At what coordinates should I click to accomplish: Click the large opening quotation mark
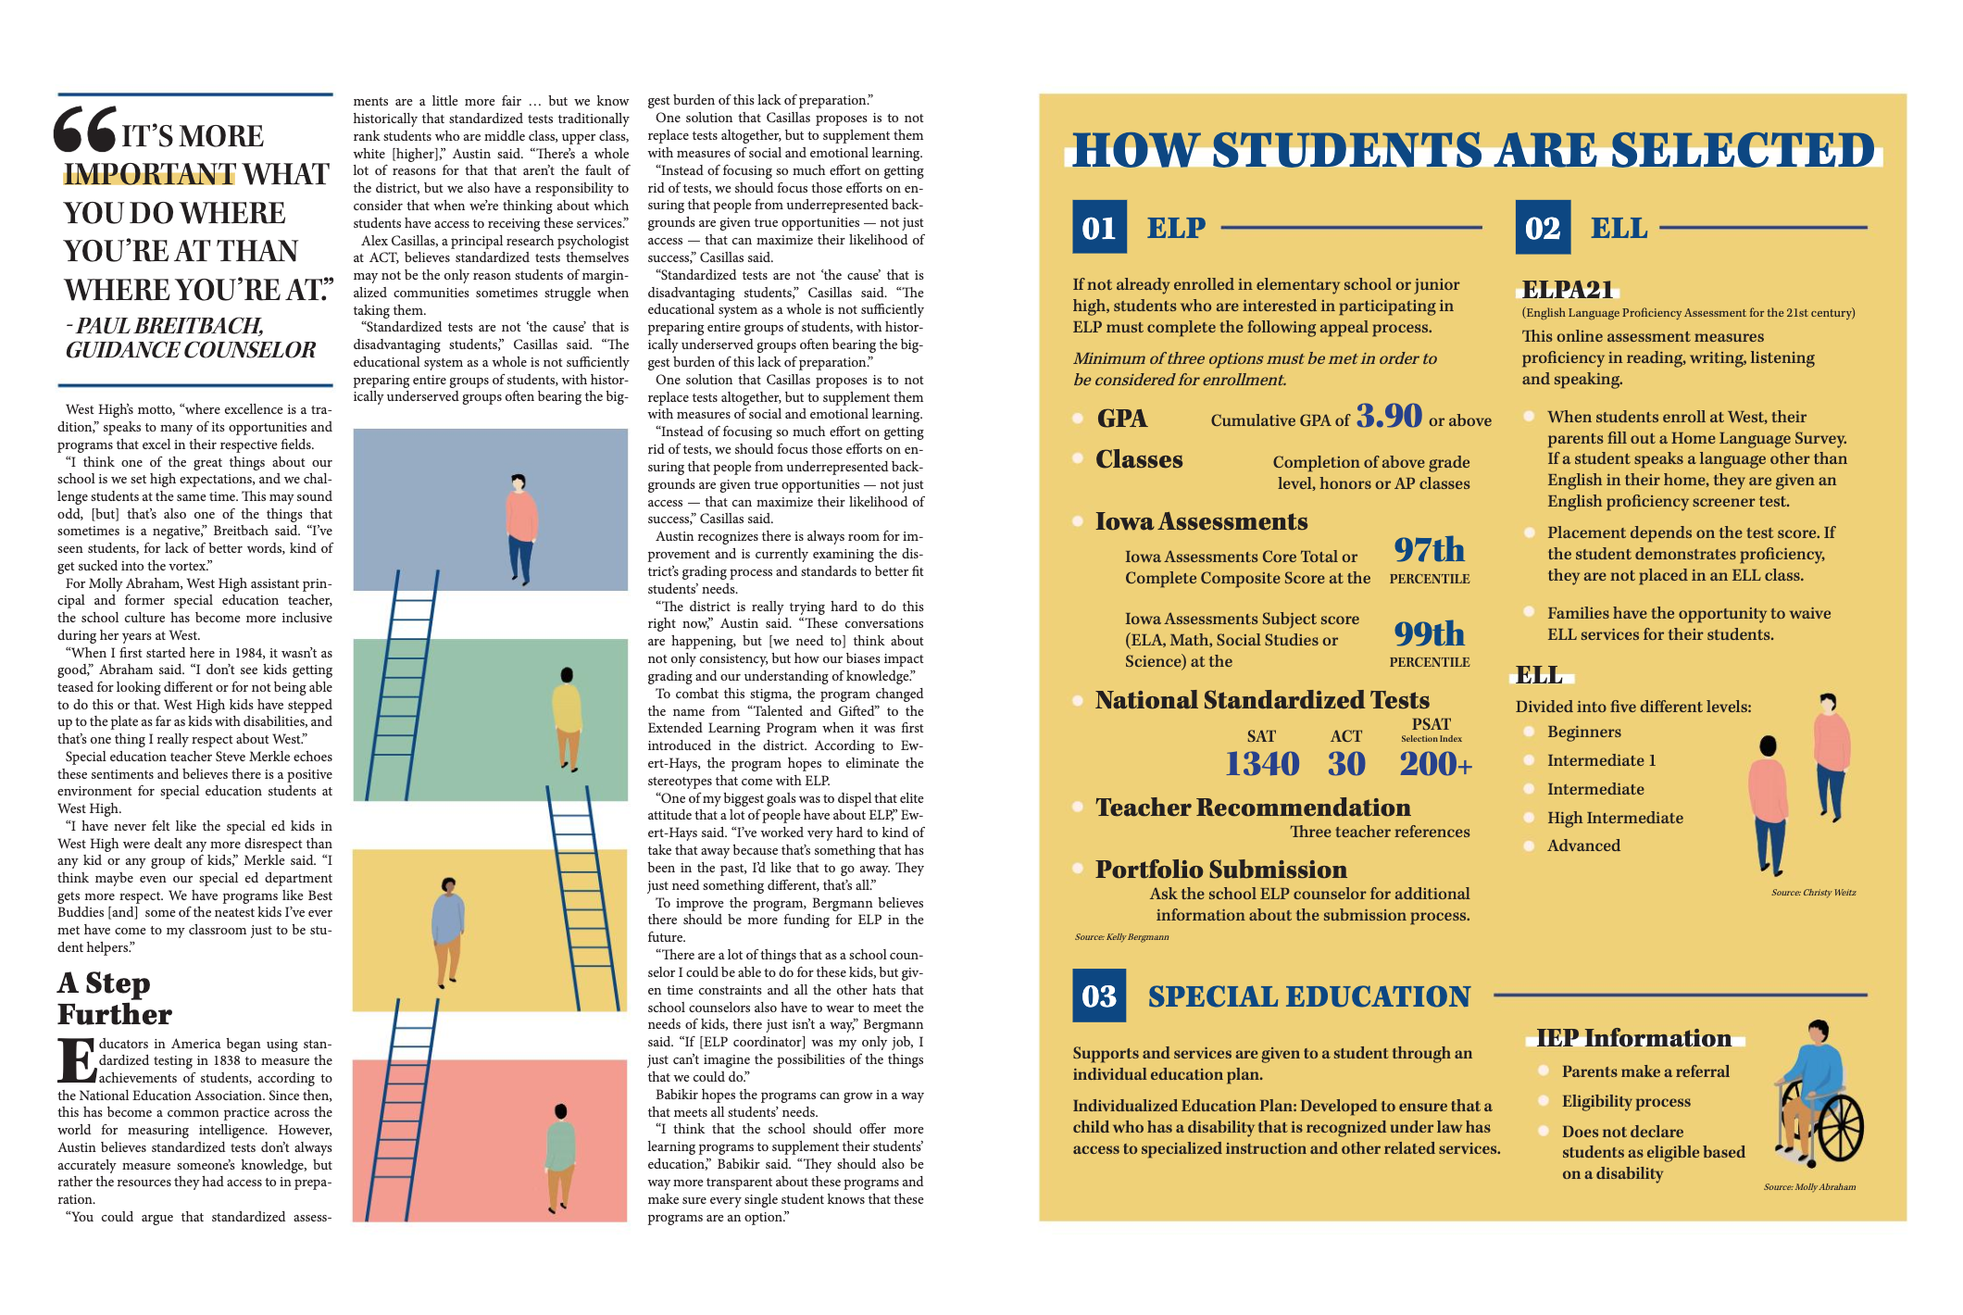[x=85, y=130]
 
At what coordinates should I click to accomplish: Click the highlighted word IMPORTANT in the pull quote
[x=149, y=174]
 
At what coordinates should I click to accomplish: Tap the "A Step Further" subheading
[x=115, y=998]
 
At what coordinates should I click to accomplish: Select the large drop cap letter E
[x=77, y=1061]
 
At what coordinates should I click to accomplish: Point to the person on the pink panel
[x=559, y=1158]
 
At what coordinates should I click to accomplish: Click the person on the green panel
[x=567, y=719]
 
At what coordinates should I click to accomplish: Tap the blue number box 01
[x=1099, y=227]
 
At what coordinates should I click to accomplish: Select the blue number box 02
[x=1543, y=227]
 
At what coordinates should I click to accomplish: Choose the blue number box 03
[x=1099, y=996]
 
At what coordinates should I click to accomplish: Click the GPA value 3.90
[x=1389, y=416]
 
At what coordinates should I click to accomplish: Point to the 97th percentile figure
[x=1429, y=550]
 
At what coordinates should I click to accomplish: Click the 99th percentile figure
[x=1429, y=633]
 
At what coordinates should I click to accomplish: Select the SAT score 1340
[x=1262, y=764]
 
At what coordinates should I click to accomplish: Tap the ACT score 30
[x=1346, y=764]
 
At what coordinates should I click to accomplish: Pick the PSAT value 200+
[x=1435, y=764]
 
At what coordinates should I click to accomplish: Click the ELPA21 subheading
[x=1568, y=290]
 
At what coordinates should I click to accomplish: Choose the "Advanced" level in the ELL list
[x=1583, y=845]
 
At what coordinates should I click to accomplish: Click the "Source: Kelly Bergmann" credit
[x=1121, y=937]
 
